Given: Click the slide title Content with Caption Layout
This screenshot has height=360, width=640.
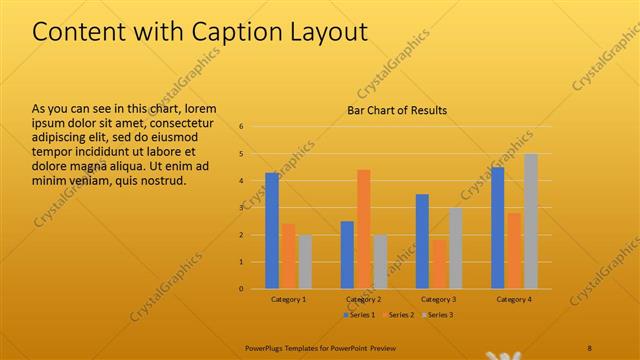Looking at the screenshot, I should tap(199, 32).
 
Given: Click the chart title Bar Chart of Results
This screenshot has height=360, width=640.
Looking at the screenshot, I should tap(397, 110).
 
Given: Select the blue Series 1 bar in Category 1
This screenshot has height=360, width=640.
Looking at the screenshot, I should tap(272, 230).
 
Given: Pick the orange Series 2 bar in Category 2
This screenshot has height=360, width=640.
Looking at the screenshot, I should tap(364, 229).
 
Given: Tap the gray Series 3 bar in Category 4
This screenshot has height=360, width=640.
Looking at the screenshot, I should tap(531, 221).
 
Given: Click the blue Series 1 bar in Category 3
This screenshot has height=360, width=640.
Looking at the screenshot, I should tap(422, 241).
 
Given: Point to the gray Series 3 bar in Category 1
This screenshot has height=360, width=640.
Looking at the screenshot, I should tap(305, 261).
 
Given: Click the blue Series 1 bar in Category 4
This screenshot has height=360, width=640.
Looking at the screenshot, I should tap(497, 227).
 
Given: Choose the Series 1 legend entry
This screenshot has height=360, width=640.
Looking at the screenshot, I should tap(359, 315).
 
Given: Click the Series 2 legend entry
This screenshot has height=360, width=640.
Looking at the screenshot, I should tap(398, 315).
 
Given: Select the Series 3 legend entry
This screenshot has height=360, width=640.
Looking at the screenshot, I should tap(437, 315).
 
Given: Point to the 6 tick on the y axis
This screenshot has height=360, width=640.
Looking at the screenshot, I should tap(241, 127).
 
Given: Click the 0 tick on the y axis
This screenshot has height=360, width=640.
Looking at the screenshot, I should tap(241, 289).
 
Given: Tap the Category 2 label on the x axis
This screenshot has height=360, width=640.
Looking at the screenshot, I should tap(363, 299).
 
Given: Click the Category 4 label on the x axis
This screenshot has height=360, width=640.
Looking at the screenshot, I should tap(514, 299).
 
